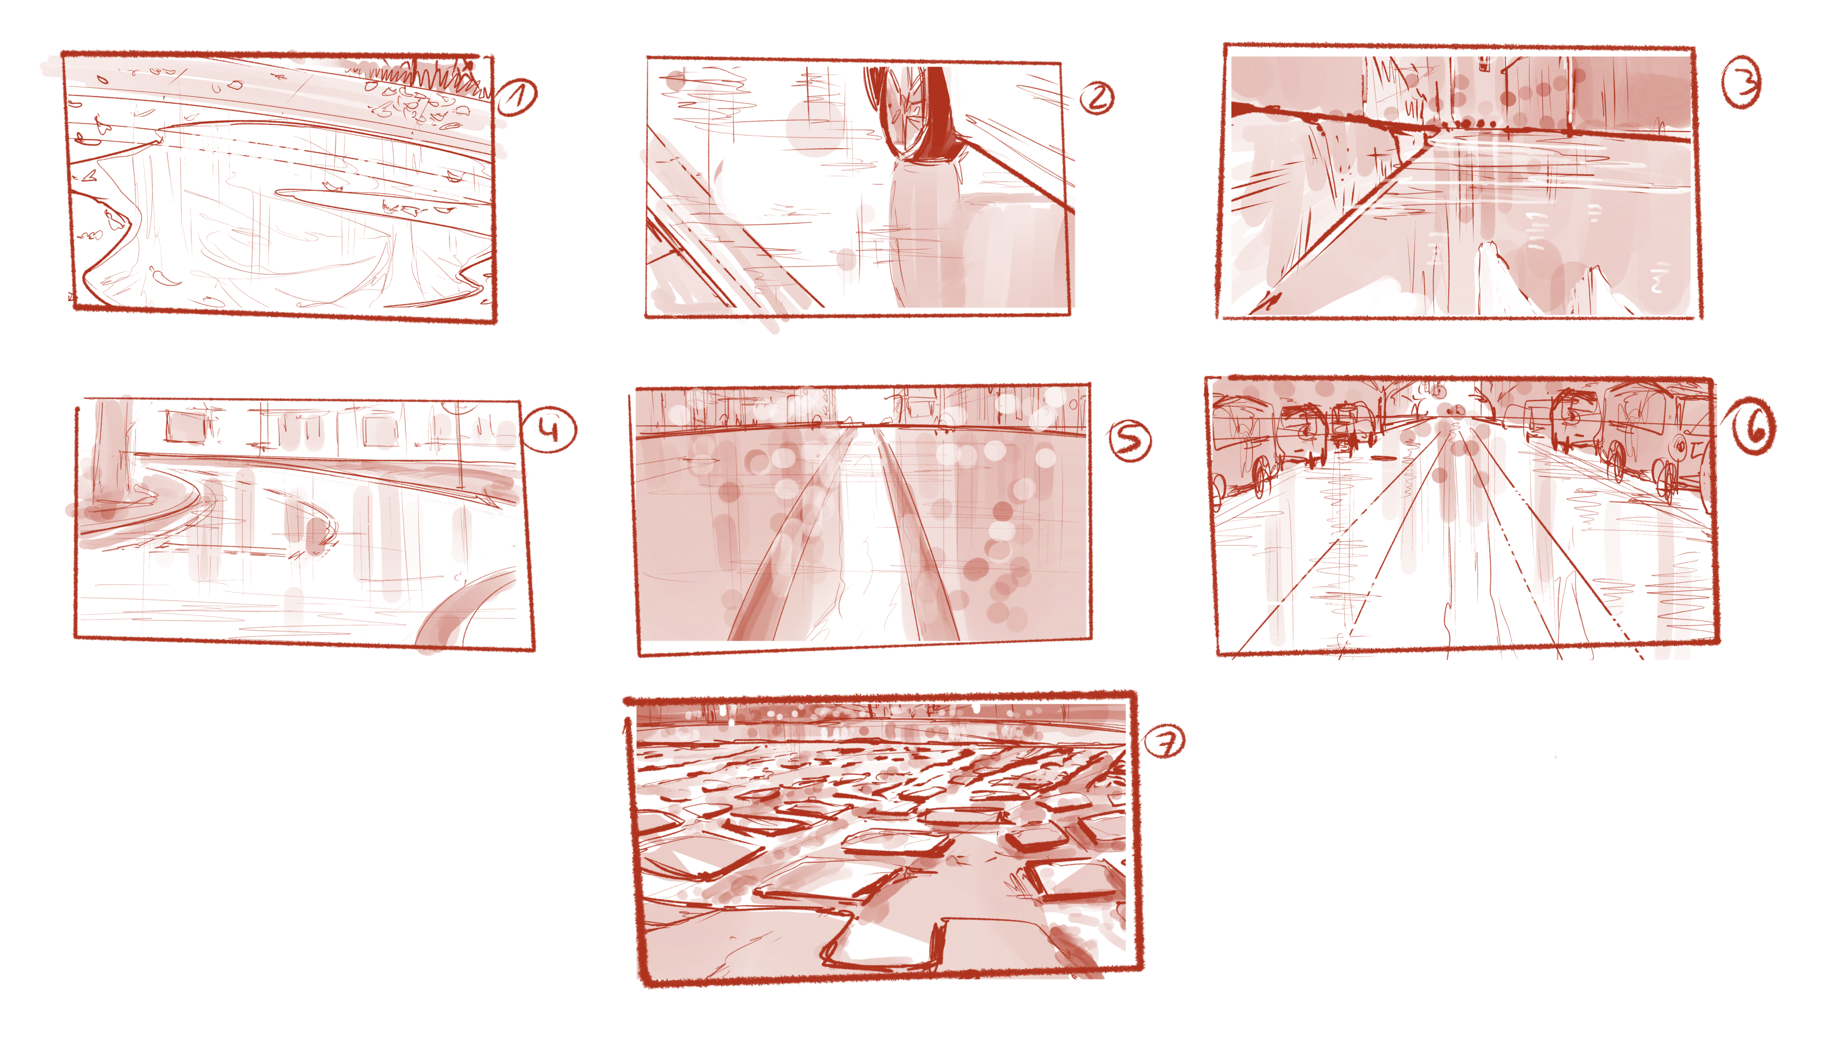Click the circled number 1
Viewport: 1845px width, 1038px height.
517,97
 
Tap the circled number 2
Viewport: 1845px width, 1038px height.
1097,98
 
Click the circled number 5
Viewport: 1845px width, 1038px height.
1130,440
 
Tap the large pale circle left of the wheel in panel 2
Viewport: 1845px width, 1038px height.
815,129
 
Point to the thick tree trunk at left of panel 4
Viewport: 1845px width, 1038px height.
111,451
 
